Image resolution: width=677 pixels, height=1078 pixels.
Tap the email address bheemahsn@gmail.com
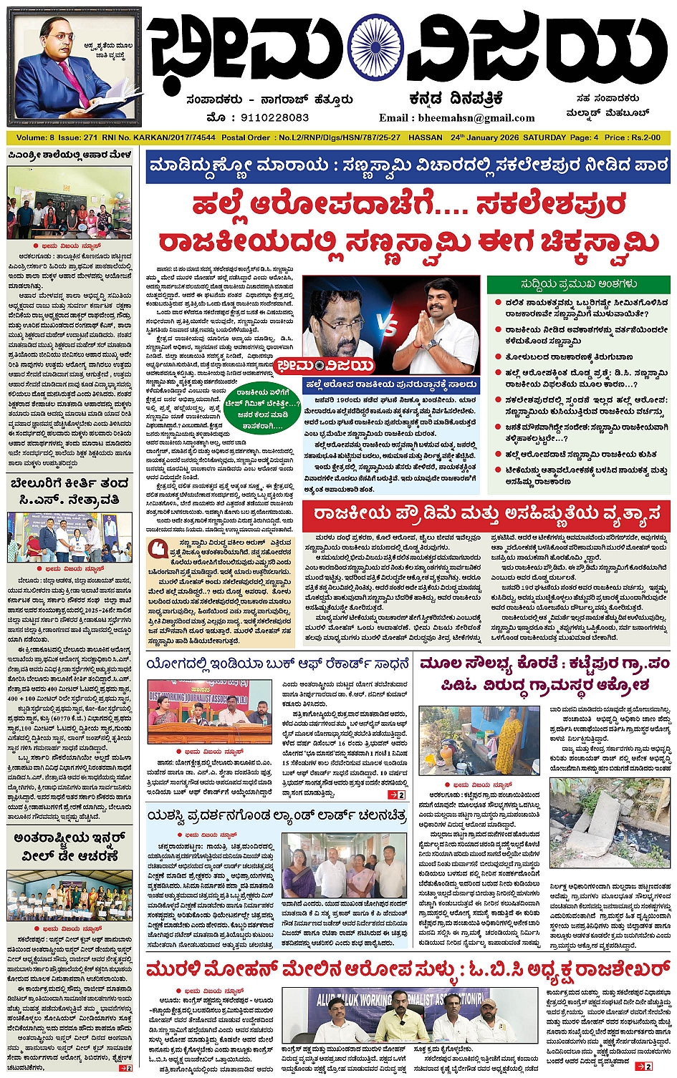(457, 117)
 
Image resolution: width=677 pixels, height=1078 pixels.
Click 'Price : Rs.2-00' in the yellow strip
(633, 137)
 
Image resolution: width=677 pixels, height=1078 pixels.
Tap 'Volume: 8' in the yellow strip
(35, 137)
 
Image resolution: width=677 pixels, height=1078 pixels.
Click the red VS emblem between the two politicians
(389, 329)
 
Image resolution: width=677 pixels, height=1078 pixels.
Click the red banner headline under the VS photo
(486, 515)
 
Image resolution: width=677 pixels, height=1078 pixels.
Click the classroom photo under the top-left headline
(69, 203)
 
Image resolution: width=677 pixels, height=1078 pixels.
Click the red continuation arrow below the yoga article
(396, 795)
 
